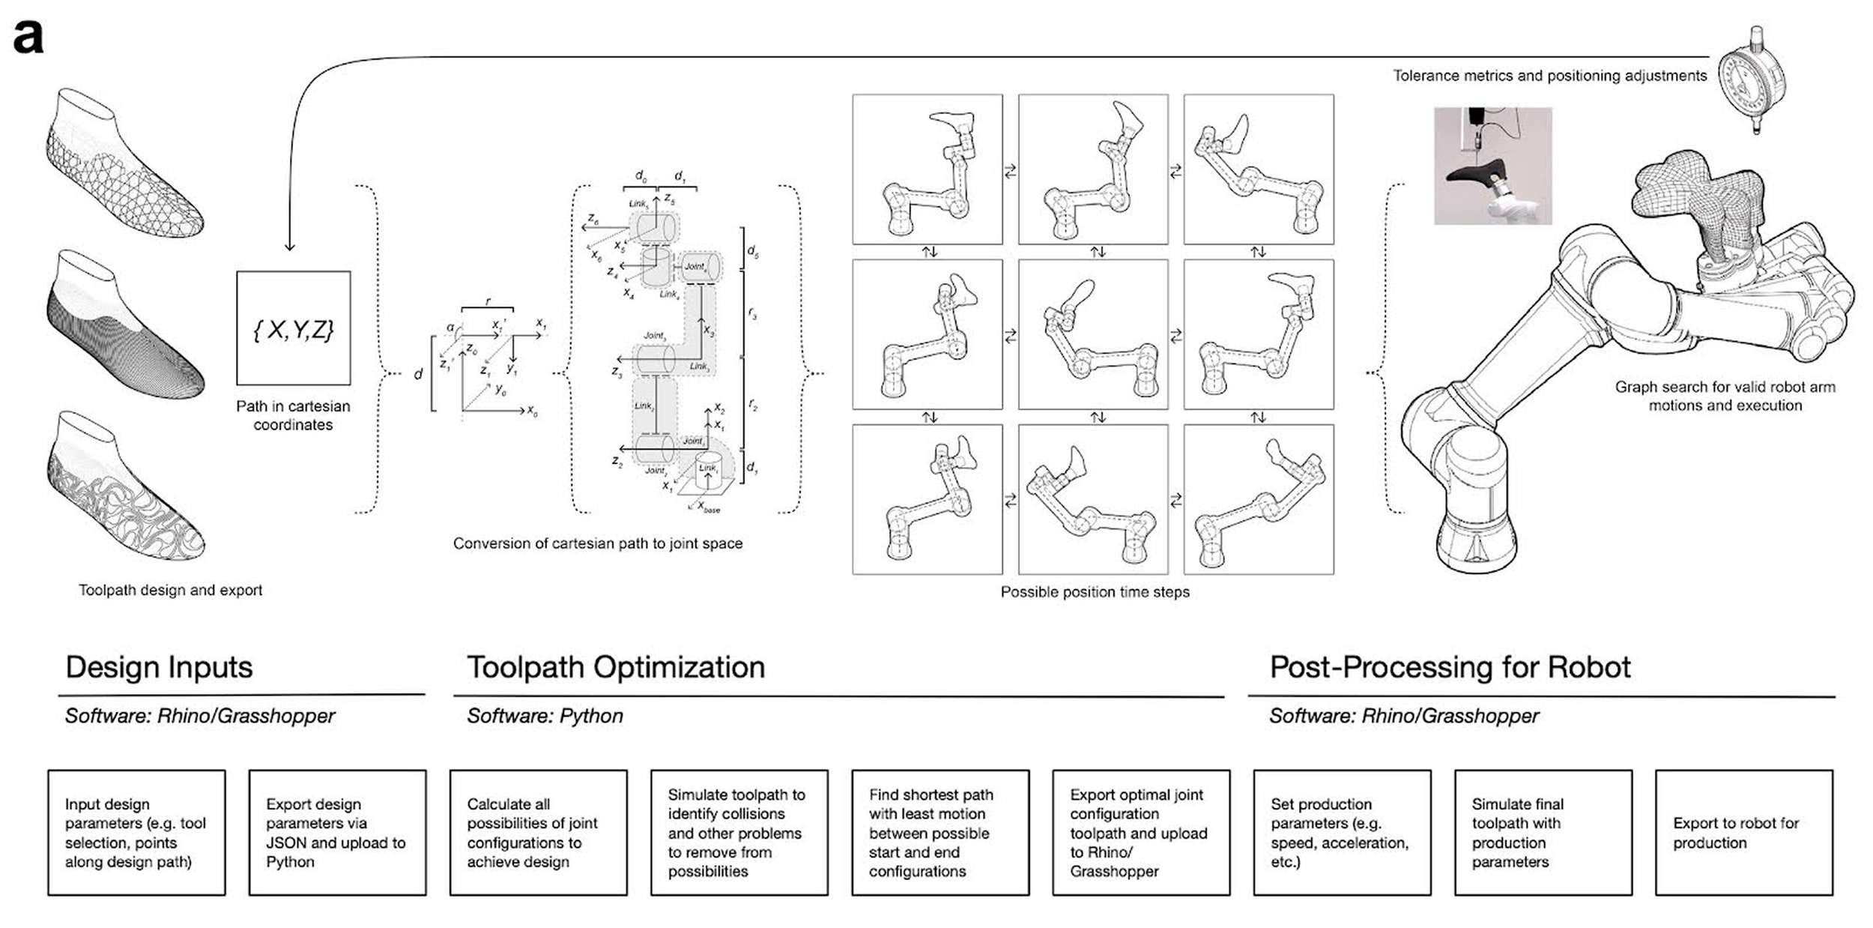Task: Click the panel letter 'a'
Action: [x=28, y=37]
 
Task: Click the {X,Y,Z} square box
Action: [x=293, y=328]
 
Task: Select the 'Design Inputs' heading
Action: [x=159, y=667]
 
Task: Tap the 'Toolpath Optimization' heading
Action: [x=616, y=667]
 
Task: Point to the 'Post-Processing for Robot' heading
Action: [x=1450, y=667]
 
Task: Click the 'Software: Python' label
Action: [x=545, y=716]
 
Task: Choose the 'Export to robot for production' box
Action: [x=1743, y=832]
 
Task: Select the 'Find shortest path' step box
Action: [x=939, y=832]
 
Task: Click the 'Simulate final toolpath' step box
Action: [x=1543, y=832]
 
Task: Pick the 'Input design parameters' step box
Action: [x=136, y=832]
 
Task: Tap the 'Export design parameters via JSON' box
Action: [x=337, y=832]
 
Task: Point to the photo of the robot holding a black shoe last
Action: [x=1492, y=166]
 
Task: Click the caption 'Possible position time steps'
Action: [x=1095, y=592]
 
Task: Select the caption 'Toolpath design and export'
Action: [x=170, y=590]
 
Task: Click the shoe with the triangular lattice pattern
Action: [x=124, y=165]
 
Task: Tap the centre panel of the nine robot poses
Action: [x=1093, y=334]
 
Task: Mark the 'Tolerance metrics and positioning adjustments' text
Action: [x=1549, y=76]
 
